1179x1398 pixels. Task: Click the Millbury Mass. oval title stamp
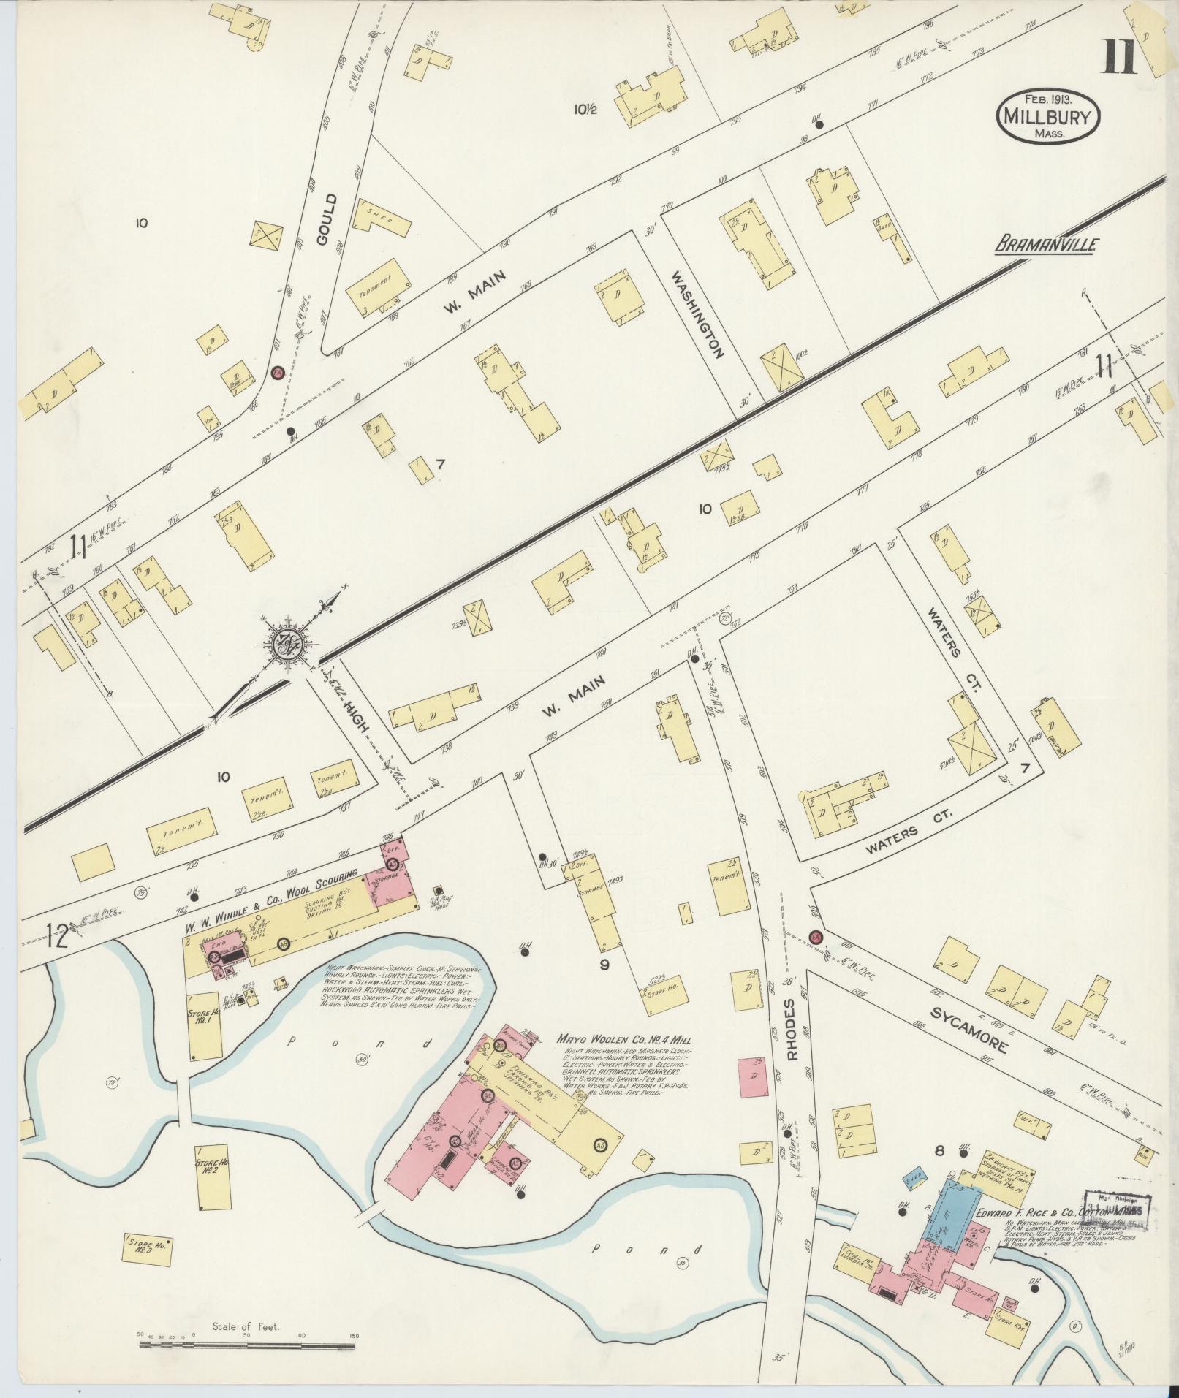pyautogui.click(x=1047, y=117)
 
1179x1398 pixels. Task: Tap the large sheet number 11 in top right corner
pyautogui.click(x=1119, y=56)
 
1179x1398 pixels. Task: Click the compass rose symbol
pyautogui.click(x=288, y=642)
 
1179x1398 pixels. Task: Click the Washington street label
pyautogui.click(x=698, y=314)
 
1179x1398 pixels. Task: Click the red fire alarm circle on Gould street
pyautogui.click(x=277, y=373)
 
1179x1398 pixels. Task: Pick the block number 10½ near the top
pyautogui.click(x=586, y=110)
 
